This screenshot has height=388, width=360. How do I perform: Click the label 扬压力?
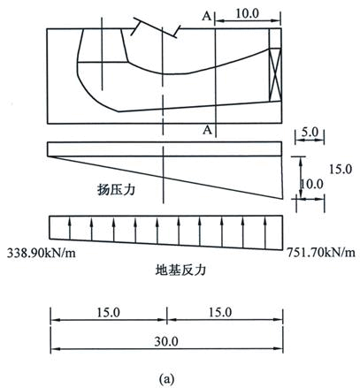(116, 189)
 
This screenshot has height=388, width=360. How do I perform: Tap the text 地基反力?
(180, 270)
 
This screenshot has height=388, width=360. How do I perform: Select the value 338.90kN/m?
(42, 253)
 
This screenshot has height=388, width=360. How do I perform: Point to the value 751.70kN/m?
(321, 252)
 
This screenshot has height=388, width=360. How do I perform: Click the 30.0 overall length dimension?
(166, 342)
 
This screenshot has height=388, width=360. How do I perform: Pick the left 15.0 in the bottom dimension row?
(109, 313)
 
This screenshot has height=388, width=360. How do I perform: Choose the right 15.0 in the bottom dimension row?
(220, 312)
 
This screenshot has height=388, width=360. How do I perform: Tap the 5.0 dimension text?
(310, 133)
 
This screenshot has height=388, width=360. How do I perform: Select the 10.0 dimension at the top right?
(247, 13)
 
